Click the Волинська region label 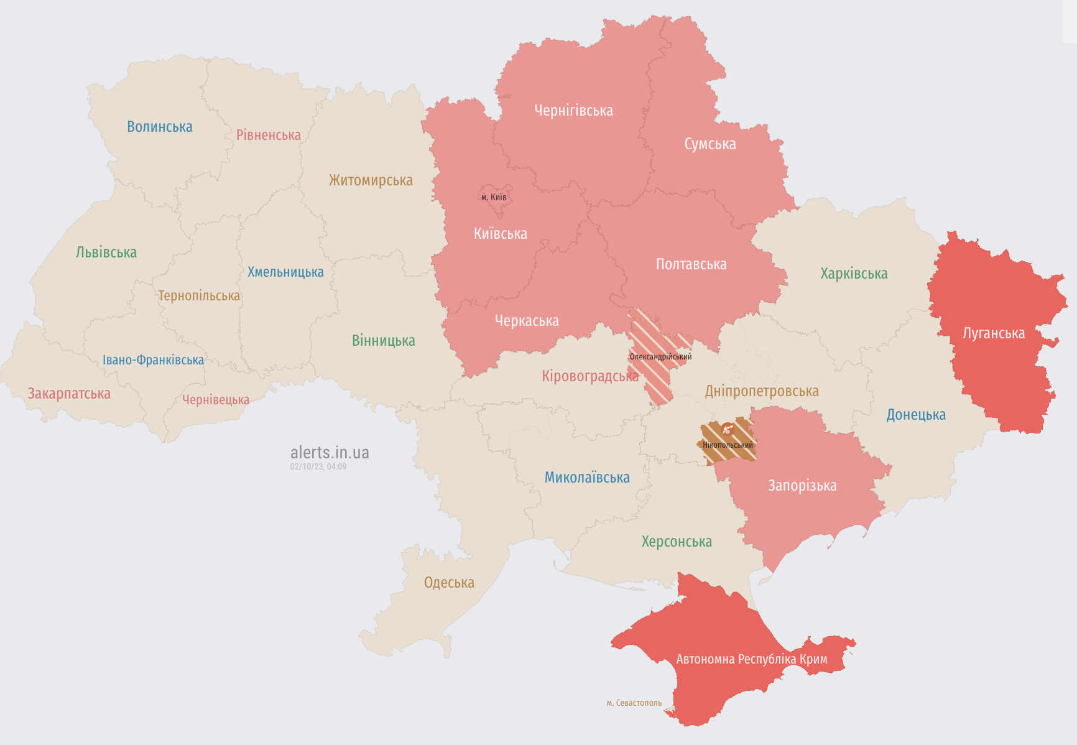[x=160, y=127]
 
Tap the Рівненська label [x=268, y=135]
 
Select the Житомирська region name [x=371, y=180]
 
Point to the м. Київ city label [x=494, y=197]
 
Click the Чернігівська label [x=573, y=111]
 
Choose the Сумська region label [x=710, y=144]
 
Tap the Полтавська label [x=691, y=264]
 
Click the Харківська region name [x=854, y=274]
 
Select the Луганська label [x=993, y=333]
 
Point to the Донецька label [x=915, y=415]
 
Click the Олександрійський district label [x=660, y=357]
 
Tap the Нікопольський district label [x=728, y=445]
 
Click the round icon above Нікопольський [x=728, y=429]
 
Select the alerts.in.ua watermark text [x=330, y=452]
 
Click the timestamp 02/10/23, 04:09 [x=318, y=466]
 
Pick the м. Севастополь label [x=634, y=703]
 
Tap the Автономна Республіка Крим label [x=751, y=659]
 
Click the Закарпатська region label [x=69, y=394]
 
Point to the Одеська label [x=449, y=583]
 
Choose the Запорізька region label [x=802, y=486]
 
